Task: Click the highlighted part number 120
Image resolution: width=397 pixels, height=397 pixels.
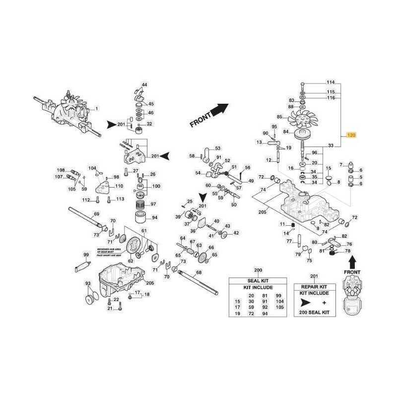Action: tap(351, 134)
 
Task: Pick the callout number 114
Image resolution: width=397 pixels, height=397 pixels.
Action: tap(331, 82)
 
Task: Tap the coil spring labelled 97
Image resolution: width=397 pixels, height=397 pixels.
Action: tap(140, 204)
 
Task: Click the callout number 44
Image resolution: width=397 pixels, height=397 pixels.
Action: tap(144, 85)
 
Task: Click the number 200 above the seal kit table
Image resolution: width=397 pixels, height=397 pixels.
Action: tap(258, 270)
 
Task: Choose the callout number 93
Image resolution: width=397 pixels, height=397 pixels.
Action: tap(88, 283)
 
